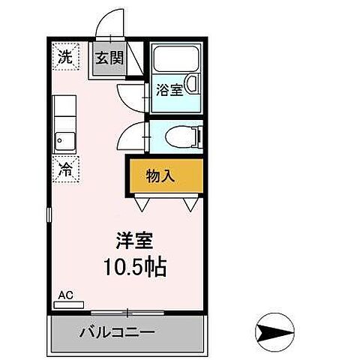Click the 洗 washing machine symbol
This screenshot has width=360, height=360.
pos(66,55)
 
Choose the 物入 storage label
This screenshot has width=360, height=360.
pos(160,177)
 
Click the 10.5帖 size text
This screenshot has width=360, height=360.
pos(136,267)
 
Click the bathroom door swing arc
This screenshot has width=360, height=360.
pos(133,96)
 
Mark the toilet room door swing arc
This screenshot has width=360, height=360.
pos(133,135)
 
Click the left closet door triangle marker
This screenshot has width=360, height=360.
pos(142,202)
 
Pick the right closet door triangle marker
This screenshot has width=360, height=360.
pos(190,202)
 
